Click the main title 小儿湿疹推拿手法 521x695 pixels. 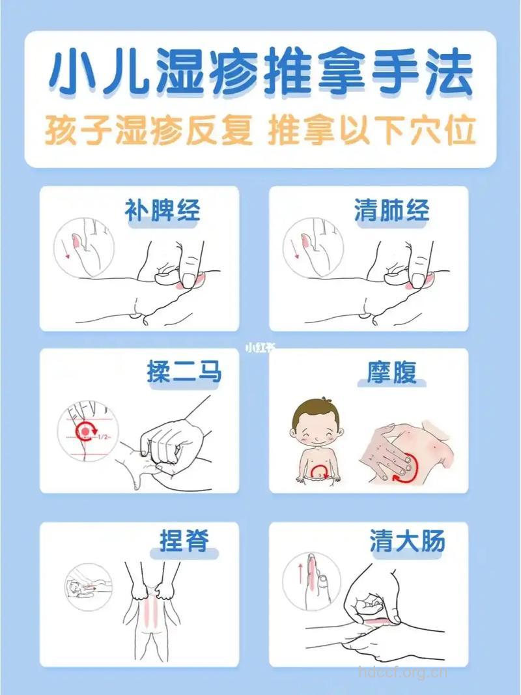click(x=260, y=77)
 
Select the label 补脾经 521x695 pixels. click(x=162, y=211)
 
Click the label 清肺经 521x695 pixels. click(x=391, y=211)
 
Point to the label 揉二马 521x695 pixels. click(x=184, y=373)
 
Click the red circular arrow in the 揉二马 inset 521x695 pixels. click(x=85, y=431)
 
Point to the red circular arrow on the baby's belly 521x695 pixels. click(x=319, y=470)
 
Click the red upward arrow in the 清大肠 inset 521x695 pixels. click(x=300, y=573)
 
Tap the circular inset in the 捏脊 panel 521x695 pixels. click(x=89, y=586)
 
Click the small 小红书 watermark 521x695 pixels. click(x=260, y=347)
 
